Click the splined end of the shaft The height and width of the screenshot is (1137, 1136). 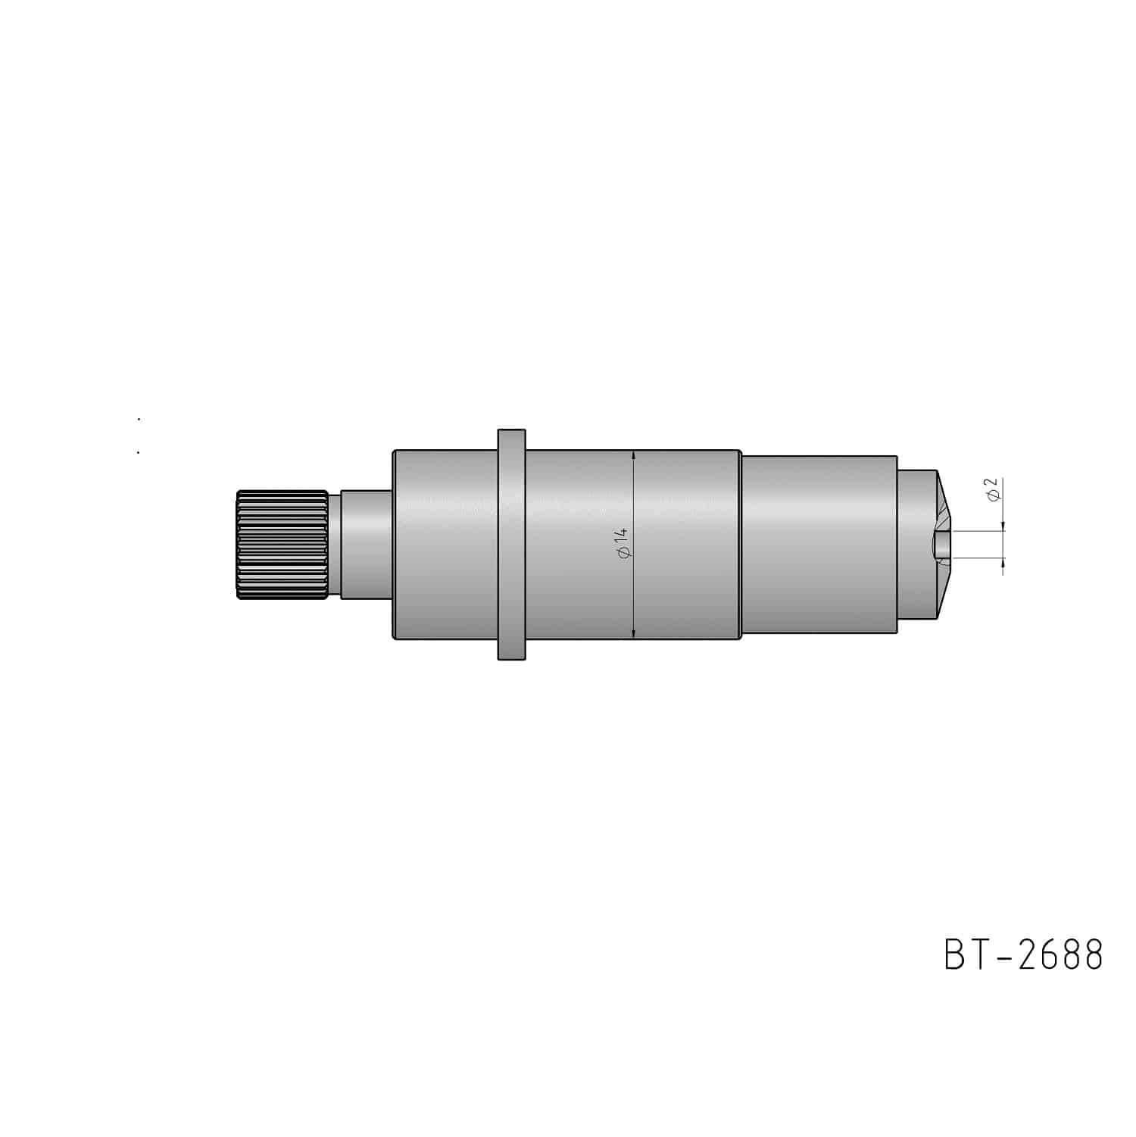point(282,545)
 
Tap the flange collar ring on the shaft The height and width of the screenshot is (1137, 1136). point(511,545)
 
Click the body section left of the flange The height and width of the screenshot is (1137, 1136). point(445,545)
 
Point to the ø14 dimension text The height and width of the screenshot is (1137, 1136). point(623,545)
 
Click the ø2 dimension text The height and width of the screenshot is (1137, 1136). point(995,489)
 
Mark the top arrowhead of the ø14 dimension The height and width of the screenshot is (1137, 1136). point(633,456)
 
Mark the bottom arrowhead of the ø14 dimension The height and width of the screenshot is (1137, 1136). point(633,633)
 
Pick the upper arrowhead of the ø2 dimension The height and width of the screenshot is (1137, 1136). point(1003,526)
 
